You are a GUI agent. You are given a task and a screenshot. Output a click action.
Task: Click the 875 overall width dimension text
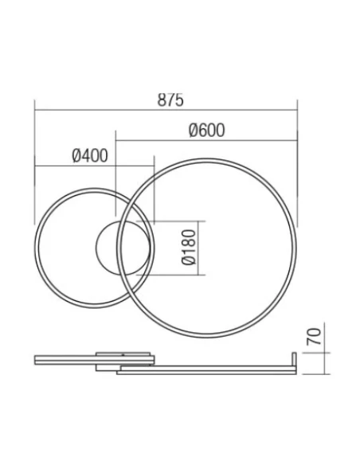click(170, 100)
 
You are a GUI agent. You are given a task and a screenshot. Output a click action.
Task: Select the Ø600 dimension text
click(205, 131)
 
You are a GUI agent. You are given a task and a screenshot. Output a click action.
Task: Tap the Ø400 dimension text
click(89, 156)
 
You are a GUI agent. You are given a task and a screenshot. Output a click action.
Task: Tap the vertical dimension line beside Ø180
click(205, 247)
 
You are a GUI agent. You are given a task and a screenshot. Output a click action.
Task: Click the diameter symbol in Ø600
click(194, 131)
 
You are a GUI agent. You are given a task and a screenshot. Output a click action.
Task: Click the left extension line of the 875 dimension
click(34, 159)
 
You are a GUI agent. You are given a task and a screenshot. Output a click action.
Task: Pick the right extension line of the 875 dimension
click(297, 159)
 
